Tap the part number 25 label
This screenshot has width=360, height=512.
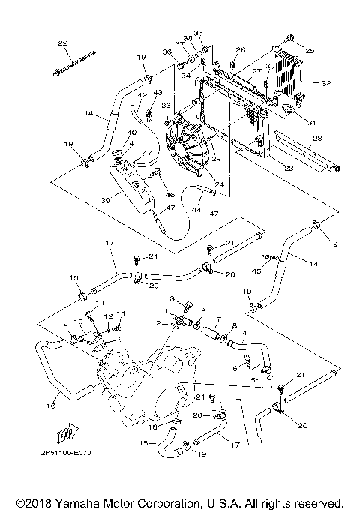310,49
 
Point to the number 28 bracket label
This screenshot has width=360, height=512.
316,139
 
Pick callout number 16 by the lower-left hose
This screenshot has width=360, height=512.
52,406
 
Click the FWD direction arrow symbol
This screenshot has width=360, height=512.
65,433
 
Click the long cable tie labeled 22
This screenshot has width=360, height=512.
73,64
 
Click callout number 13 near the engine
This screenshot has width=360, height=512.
97,302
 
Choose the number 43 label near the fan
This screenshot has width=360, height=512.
157,92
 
